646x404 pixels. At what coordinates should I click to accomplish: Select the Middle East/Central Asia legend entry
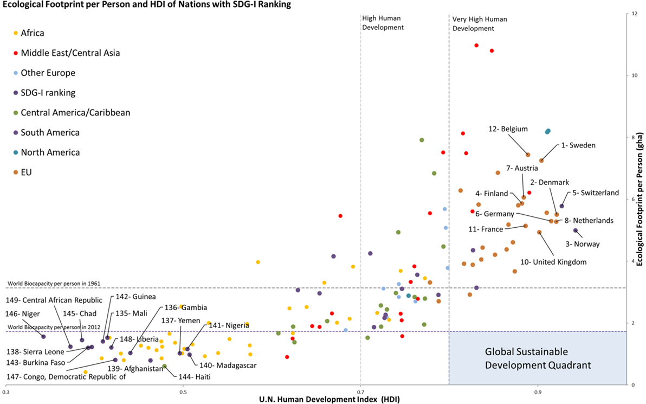point(70,53)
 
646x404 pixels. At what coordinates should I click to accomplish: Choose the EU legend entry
point(26,172)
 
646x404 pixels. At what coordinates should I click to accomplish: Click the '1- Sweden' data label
point(578,145)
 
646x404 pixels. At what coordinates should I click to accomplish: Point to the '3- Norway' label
point(583,244)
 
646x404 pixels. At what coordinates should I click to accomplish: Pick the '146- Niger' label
point(25,313)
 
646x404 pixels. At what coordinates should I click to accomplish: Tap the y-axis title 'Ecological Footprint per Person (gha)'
point(640,198)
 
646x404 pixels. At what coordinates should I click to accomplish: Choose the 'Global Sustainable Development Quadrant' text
point(537,358)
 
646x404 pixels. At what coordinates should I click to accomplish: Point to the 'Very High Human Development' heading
point(479,23)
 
